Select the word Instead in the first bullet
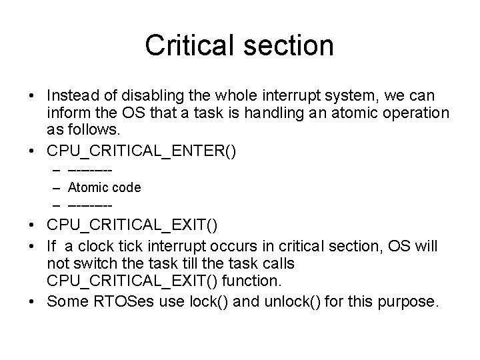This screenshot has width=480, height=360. coord(73,95)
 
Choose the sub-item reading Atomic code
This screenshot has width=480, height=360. coord(105,187)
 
